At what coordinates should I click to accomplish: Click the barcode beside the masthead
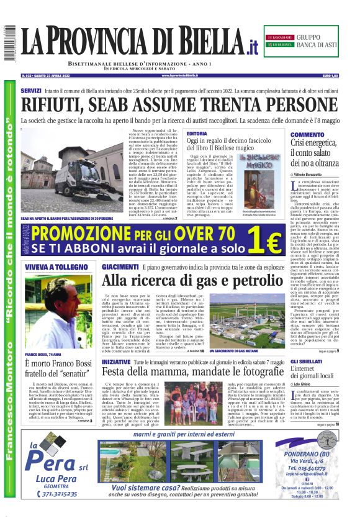coord(8,44)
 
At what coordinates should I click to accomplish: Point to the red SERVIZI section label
coord(31,91)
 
